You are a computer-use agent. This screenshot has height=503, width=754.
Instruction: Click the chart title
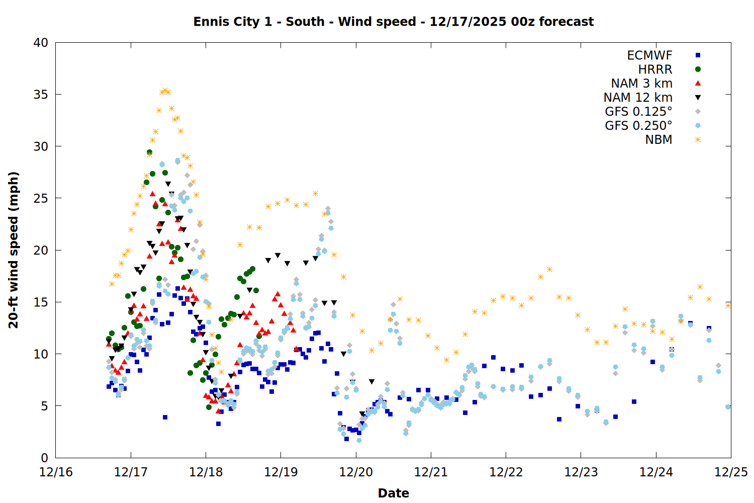(x=393, y=22)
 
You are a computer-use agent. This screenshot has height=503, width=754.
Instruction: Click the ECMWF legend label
(x=649, y=55)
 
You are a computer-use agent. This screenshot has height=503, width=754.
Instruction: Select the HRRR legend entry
(x=655, y=69)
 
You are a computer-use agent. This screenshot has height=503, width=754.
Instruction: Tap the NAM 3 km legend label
(x=641, y=83)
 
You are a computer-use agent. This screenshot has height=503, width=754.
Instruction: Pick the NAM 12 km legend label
(x=638, y=98)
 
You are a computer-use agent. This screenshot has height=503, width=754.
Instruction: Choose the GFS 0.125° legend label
(x=638, y=112)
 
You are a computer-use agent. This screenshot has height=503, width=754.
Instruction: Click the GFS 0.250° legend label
(x=638, y=126)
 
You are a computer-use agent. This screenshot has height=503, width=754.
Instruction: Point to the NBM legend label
(x=658, y=140)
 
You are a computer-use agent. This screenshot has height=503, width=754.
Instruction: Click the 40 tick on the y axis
(x=41, y=43)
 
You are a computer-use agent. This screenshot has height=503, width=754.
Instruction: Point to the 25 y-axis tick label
(x=41, y=198)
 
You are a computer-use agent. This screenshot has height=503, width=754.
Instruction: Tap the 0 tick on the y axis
(x=44, y=458)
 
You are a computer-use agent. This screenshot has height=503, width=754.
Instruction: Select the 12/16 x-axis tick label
(x=56, y=472)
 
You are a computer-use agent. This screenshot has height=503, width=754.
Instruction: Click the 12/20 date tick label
(x=356, y=472)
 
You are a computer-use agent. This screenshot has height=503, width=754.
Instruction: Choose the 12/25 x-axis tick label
(x=731, y=472)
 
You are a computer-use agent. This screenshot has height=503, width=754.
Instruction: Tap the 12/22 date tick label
(x=506, y=472)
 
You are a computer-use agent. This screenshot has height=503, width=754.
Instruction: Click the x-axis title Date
(x=393, y=493)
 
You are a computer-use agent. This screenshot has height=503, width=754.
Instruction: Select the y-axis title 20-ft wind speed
(x=14, y=250)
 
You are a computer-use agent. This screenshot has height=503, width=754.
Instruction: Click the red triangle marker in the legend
(x=698, y=83)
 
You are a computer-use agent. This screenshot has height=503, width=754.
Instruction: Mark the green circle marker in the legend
(x=698, y=69)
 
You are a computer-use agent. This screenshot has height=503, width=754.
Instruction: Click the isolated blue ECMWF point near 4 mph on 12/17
(x=165, y=417)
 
